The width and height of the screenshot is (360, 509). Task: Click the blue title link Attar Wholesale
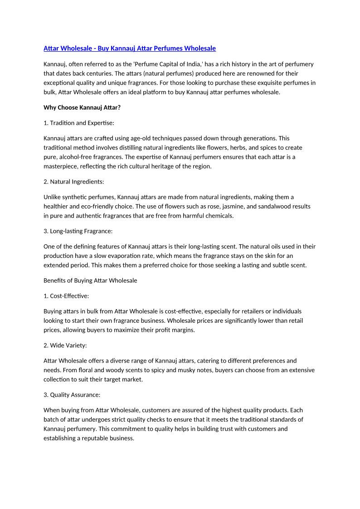129,48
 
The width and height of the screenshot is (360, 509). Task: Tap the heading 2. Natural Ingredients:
74,181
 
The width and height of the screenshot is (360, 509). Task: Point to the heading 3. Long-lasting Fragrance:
78,231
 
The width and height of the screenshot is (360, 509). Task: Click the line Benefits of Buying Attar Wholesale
90,280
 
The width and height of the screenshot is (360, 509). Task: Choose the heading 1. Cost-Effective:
66,296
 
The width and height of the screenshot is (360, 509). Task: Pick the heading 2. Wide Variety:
65,345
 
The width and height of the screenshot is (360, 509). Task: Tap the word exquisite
257,83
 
